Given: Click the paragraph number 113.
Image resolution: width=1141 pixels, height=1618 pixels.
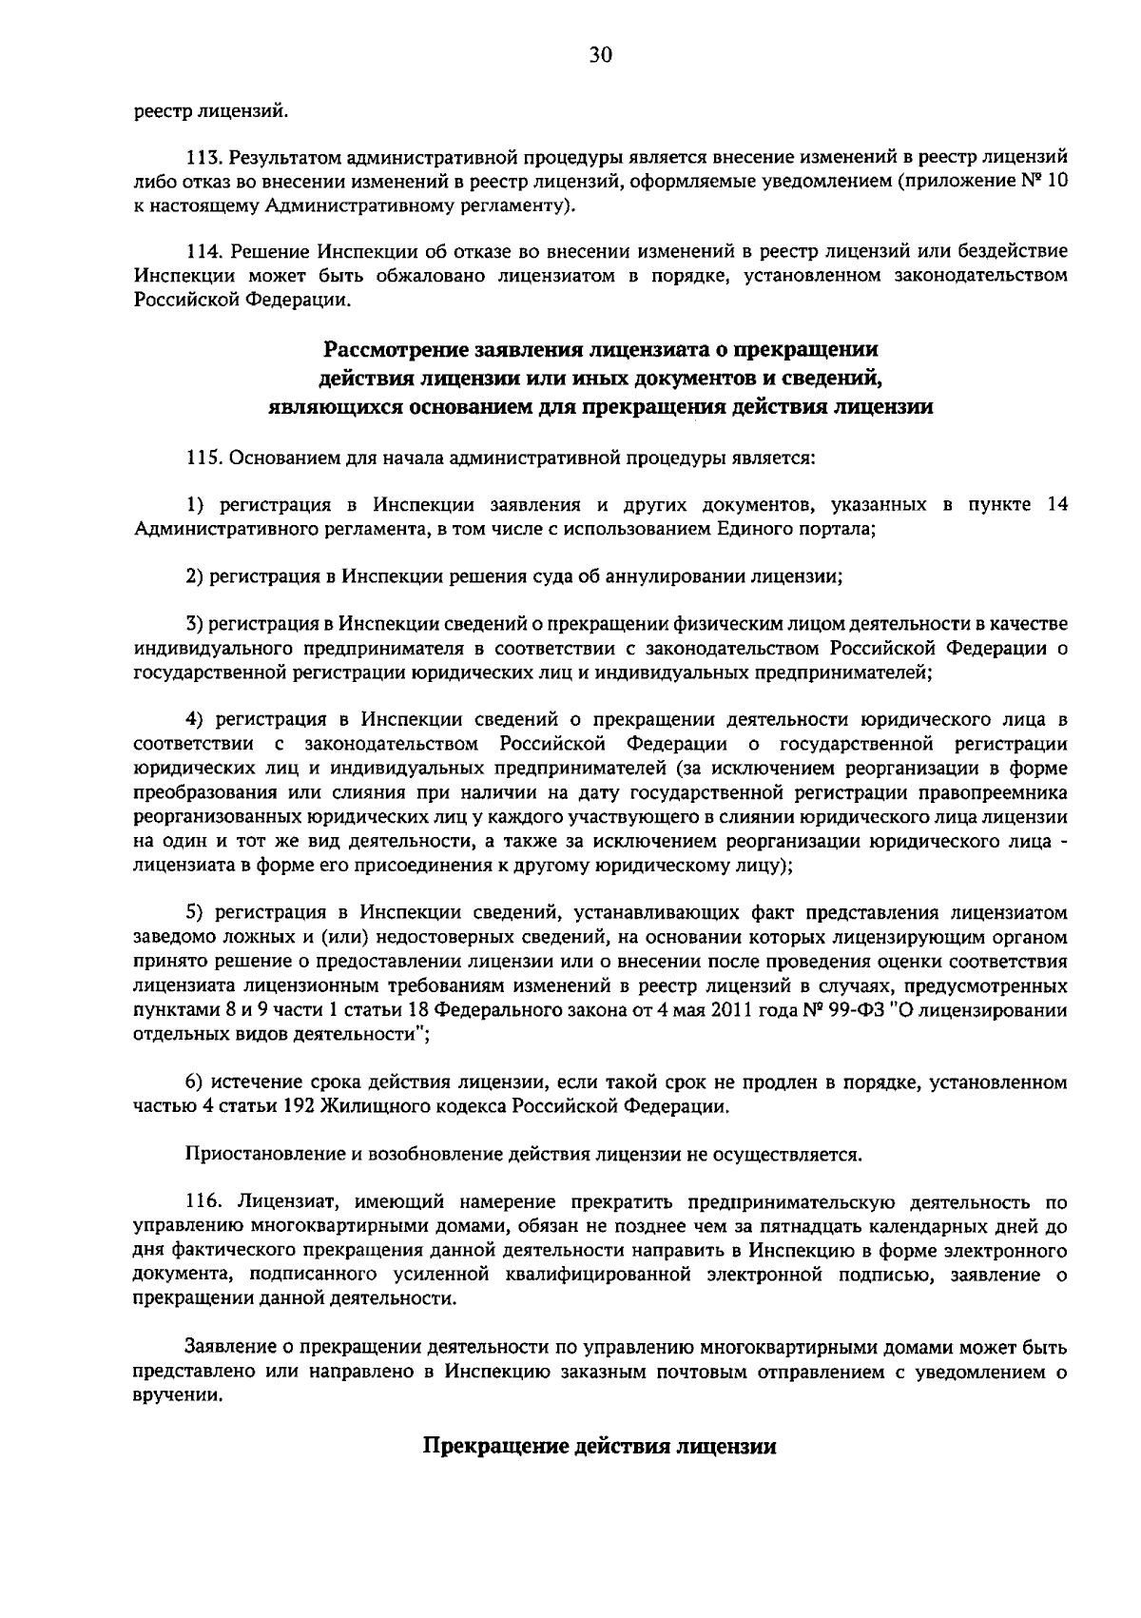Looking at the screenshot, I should (203, 156).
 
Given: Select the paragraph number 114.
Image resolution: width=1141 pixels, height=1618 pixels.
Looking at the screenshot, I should (203, 252).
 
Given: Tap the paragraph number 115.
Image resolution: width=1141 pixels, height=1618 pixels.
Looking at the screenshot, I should (203, 458).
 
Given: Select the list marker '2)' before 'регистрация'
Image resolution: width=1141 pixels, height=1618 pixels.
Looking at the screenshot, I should (194, 575).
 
